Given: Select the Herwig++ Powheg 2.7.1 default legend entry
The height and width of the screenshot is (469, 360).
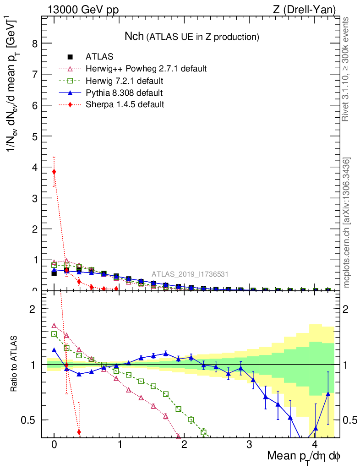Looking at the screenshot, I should (146, 69).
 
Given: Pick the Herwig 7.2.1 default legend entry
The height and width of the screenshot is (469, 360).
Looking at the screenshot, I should (124, 81).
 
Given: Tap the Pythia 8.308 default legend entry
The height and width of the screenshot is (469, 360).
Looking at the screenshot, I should (124, 93).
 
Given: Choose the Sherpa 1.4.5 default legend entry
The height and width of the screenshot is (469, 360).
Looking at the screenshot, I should (125, 104).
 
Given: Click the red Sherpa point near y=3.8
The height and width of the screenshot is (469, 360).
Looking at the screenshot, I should (54, 172).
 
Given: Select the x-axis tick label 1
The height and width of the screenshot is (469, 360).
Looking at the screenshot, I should (120, 445).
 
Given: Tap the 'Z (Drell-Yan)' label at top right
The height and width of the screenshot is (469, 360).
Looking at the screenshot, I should (310, 10).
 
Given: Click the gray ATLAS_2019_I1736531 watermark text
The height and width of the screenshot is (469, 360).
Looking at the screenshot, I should (190, 274).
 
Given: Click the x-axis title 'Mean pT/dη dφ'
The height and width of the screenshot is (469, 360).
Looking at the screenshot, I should (304, 456).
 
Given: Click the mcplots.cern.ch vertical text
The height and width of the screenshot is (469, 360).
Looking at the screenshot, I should (347, 223).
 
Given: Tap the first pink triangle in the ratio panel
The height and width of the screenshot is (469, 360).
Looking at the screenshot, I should (54, 326).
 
